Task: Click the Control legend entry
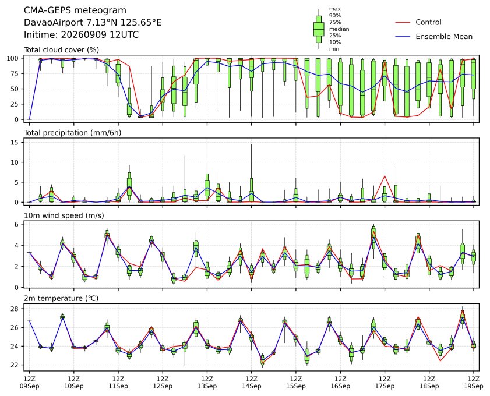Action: (x=418, y=22)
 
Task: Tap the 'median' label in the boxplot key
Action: (x=339, y=29)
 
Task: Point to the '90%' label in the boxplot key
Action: (x=334, y=15)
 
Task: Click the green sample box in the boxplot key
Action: (x=319, y=29)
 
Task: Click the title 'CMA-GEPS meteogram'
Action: (x=75, y=10)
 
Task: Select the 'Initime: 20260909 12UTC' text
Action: (x=81, y=34)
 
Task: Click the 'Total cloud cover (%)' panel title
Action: (x=62, y=50)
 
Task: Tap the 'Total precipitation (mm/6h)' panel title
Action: (x=72, y=133)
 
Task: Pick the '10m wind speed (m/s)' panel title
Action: (x=64, y=215)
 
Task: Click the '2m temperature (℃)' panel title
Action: (x=61, y=298)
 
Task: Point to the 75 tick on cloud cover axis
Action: (x=15, y=74)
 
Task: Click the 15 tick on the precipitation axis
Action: (x=15, y=143)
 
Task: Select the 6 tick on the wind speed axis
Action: (x=17, y=224)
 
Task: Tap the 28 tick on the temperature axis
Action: (x=15, y=309)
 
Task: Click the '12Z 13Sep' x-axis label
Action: (x=207, y=383)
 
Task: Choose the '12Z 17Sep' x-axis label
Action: (x=385, y=383)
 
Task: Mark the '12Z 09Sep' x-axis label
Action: (x=29, y=383)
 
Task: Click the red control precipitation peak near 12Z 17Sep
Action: (x=385, y=175)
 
